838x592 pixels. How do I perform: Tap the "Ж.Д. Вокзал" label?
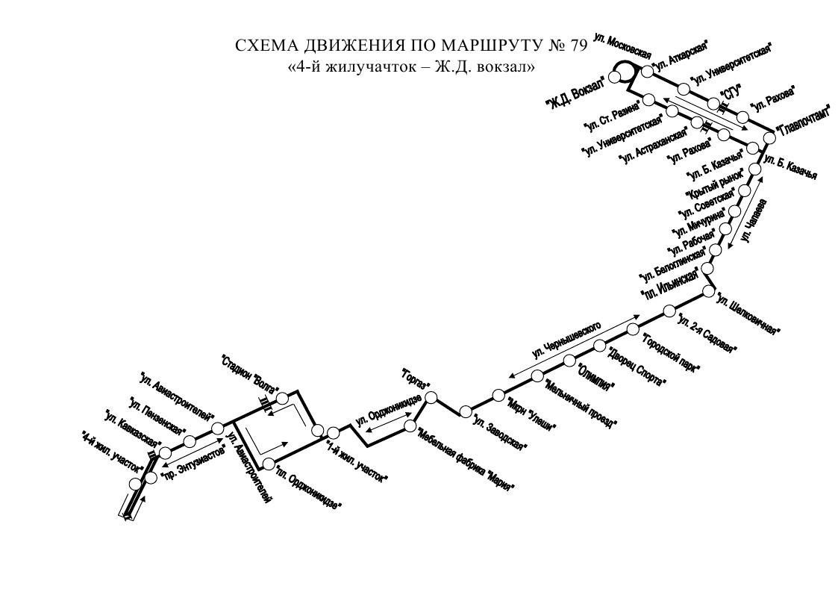pos(575,97)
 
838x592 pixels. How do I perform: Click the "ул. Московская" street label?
pos(622,46)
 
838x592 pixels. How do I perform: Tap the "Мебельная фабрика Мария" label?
pos(467,459)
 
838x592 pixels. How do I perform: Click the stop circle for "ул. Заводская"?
pos(466,411)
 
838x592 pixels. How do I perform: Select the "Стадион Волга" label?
pos(251,374)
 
